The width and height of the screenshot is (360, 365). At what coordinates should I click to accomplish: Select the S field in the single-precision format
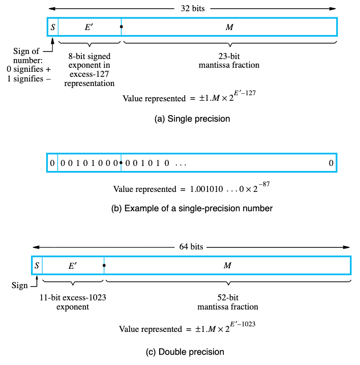52,27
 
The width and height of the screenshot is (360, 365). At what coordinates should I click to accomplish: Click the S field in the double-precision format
37,265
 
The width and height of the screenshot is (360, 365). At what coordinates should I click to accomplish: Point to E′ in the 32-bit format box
88,27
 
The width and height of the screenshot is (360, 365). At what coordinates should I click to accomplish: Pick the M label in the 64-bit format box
227,265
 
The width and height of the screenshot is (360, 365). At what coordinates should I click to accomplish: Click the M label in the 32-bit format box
229,27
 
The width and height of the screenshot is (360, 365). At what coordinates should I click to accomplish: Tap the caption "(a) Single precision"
192,119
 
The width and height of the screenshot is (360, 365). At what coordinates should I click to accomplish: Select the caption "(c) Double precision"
191,352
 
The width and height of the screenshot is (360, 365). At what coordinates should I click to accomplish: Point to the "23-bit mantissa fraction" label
229,61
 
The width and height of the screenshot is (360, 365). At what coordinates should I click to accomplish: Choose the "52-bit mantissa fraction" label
227,302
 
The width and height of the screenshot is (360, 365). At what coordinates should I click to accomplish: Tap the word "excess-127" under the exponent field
89,74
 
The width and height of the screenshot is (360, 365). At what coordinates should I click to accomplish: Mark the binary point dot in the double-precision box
104,265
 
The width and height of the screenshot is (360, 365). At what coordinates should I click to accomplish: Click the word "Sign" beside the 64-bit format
20,285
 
